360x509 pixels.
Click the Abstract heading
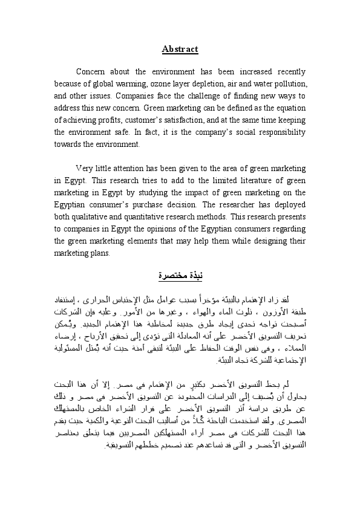tap(180, 49)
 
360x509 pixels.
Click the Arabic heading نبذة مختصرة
tap(180, 276)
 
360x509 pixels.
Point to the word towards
tap(66, 144)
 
